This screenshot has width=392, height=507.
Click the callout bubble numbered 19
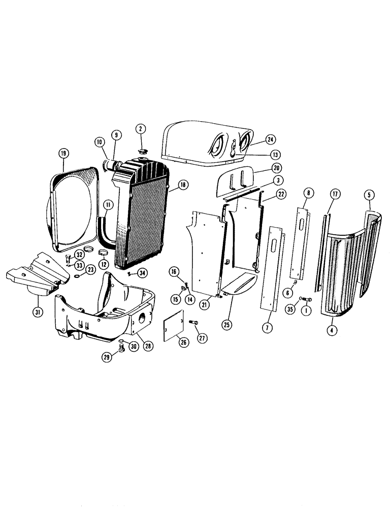63,153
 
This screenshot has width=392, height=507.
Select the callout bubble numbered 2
140,129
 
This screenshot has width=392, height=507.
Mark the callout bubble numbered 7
266,328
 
